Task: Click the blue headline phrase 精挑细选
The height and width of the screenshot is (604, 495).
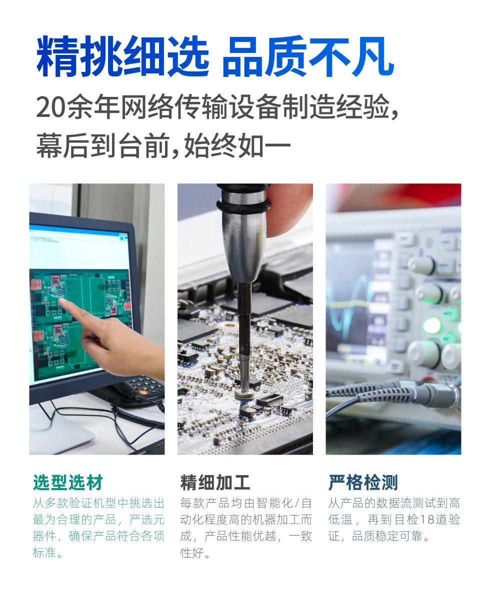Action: pos(122,56)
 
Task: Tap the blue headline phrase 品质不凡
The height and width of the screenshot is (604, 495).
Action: pos(308,56)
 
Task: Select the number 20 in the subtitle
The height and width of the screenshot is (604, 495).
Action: pos(49,108)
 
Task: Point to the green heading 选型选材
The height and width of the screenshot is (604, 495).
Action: pos(68,483)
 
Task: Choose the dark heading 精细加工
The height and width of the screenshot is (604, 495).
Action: pos(215,483)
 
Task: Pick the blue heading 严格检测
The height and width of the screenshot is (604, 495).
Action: pos(363,483)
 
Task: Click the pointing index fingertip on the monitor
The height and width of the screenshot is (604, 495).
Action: pos(61,301)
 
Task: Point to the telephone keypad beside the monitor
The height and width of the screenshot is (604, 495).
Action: pos(144,386)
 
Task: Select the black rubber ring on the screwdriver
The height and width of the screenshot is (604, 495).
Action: pos(243,205)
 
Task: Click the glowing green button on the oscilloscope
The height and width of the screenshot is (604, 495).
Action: pos(432,326)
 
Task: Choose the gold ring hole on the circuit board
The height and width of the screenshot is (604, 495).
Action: pos(227,325)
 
